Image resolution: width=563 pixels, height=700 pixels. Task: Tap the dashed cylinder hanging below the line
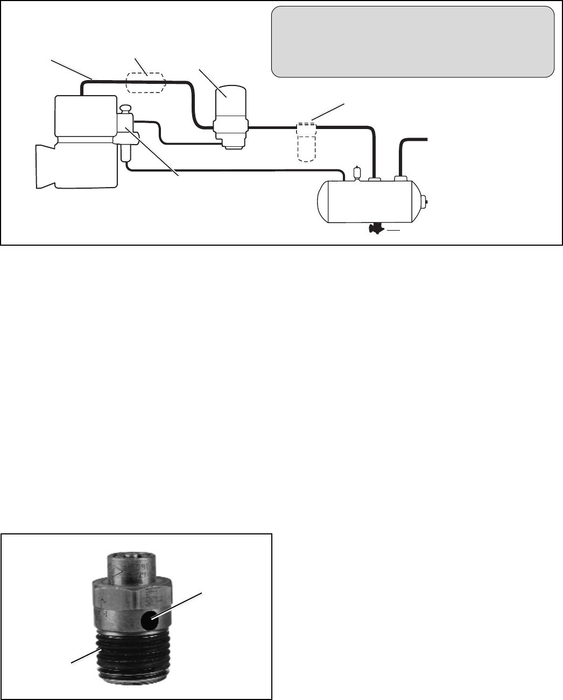point(306,143)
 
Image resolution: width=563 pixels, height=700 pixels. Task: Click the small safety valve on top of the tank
point(355,174)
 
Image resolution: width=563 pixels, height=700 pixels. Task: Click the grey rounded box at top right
point(412,42)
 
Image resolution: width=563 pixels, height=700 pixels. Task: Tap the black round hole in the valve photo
point(150,622)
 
